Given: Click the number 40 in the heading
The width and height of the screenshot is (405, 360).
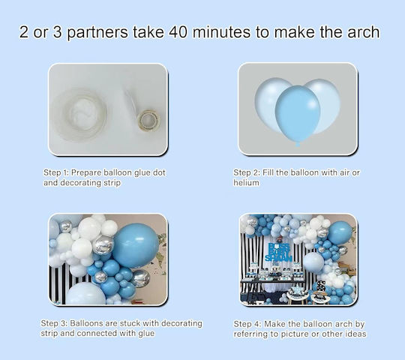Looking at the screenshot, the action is click(x=178, y=32).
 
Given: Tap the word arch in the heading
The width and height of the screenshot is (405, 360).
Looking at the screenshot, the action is click(x=364, y=32).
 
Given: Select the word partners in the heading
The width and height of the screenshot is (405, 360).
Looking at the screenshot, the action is click(x=97, y=33).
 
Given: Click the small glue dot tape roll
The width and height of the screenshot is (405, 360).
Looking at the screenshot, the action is click(x=149, y=120).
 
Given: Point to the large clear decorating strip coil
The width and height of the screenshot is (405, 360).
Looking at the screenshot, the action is click(x=85, y=114).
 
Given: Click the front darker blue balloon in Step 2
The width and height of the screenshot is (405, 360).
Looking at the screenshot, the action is click(x=298, y=114).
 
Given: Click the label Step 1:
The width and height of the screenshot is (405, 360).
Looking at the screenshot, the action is click(x=56, y=172).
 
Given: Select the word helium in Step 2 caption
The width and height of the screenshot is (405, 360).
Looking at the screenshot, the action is click(x=246, y=183).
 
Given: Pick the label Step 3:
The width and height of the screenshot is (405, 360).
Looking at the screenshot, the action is click(x=54, y=323).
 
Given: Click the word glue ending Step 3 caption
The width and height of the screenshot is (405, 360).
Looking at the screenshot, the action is click(x=146, y=334).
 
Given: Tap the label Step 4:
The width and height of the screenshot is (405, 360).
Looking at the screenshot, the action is click(x=247, y=324).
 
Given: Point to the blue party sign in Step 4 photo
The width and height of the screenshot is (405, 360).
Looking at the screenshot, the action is click(x=279, y=251).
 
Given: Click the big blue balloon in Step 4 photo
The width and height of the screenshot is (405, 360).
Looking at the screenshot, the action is click(x=340, y=233).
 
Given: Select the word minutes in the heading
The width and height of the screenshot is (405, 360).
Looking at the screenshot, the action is click(x=221, y=32).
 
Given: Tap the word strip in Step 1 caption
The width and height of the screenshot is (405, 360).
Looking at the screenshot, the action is click(x=112, y=183).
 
